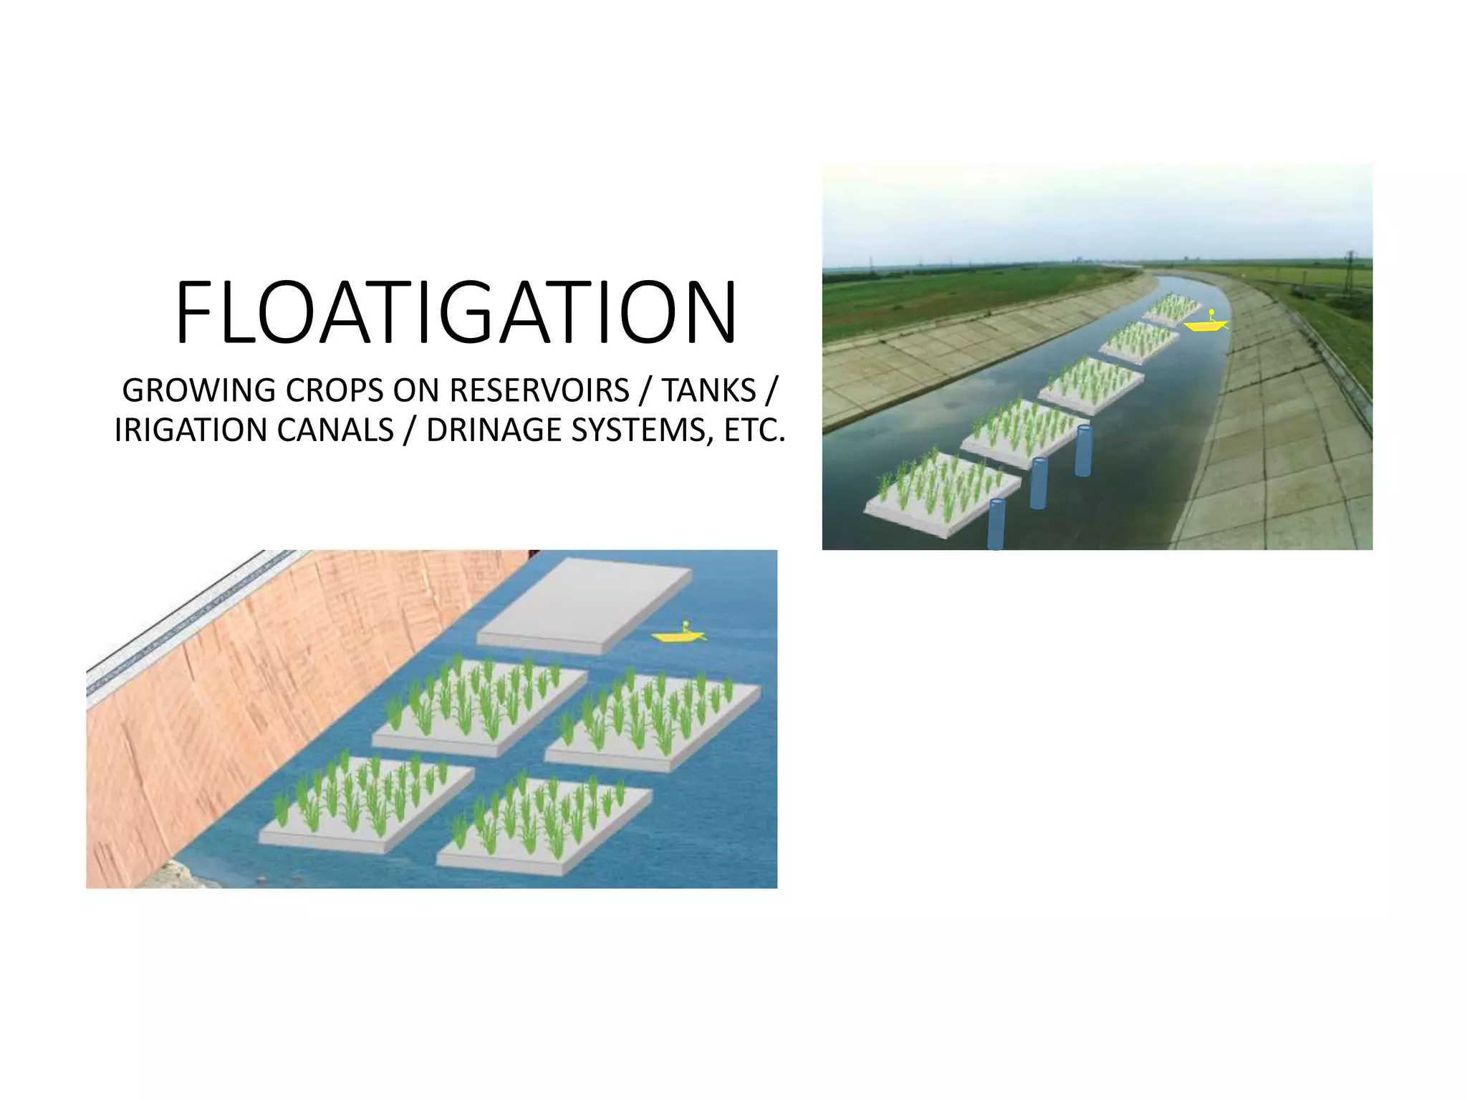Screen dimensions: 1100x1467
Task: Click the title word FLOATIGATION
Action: point(456,312)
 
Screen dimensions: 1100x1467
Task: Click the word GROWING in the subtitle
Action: point(198,391)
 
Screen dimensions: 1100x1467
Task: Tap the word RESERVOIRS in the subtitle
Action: point(539,391)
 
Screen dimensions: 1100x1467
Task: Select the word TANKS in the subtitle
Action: point(708,391)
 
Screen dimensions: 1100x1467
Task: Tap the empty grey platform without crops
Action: point(584,606)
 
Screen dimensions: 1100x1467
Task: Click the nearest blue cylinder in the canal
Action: point(996,524)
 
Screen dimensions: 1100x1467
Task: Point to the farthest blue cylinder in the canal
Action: point(1083,450)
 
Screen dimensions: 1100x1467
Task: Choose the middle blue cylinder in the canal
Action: point(1039,483)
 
